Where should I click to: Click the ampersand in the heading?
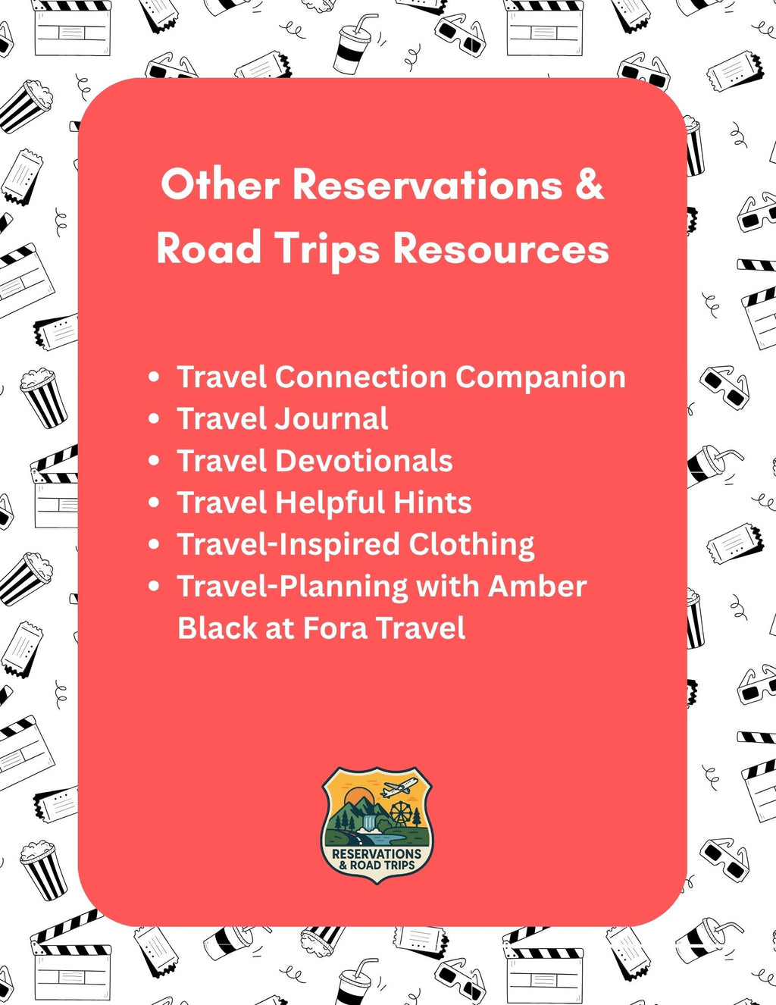(589, 185)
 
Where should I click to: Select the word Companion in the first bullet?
(540, 377)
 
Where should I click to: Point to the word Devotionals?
(363, 461)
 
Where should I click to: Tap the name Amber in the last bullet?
(537, 586)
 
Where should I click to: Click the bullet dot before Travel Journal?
(155, 418)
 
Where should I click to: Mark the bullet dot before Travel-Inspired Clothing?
(155, 544)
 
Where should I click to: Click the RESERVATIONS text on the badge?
(377, 853)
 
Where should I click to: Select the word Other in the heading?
(221, 185)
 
